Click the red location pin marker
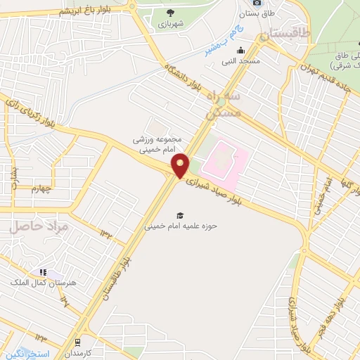(x=181, y=166)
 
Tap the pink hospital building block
(x=224, y=158)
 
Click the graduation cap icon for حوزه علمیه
(x=181, y=214)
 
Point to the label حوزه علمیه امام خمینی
(x=180, y=226)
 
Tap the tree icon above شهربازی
(x=170, y=12)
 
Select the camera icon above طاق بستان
(x=257, y=3)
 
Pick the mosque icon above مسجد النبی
(x=241, y=50)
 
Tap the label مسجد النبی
(x=241, y=61)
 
